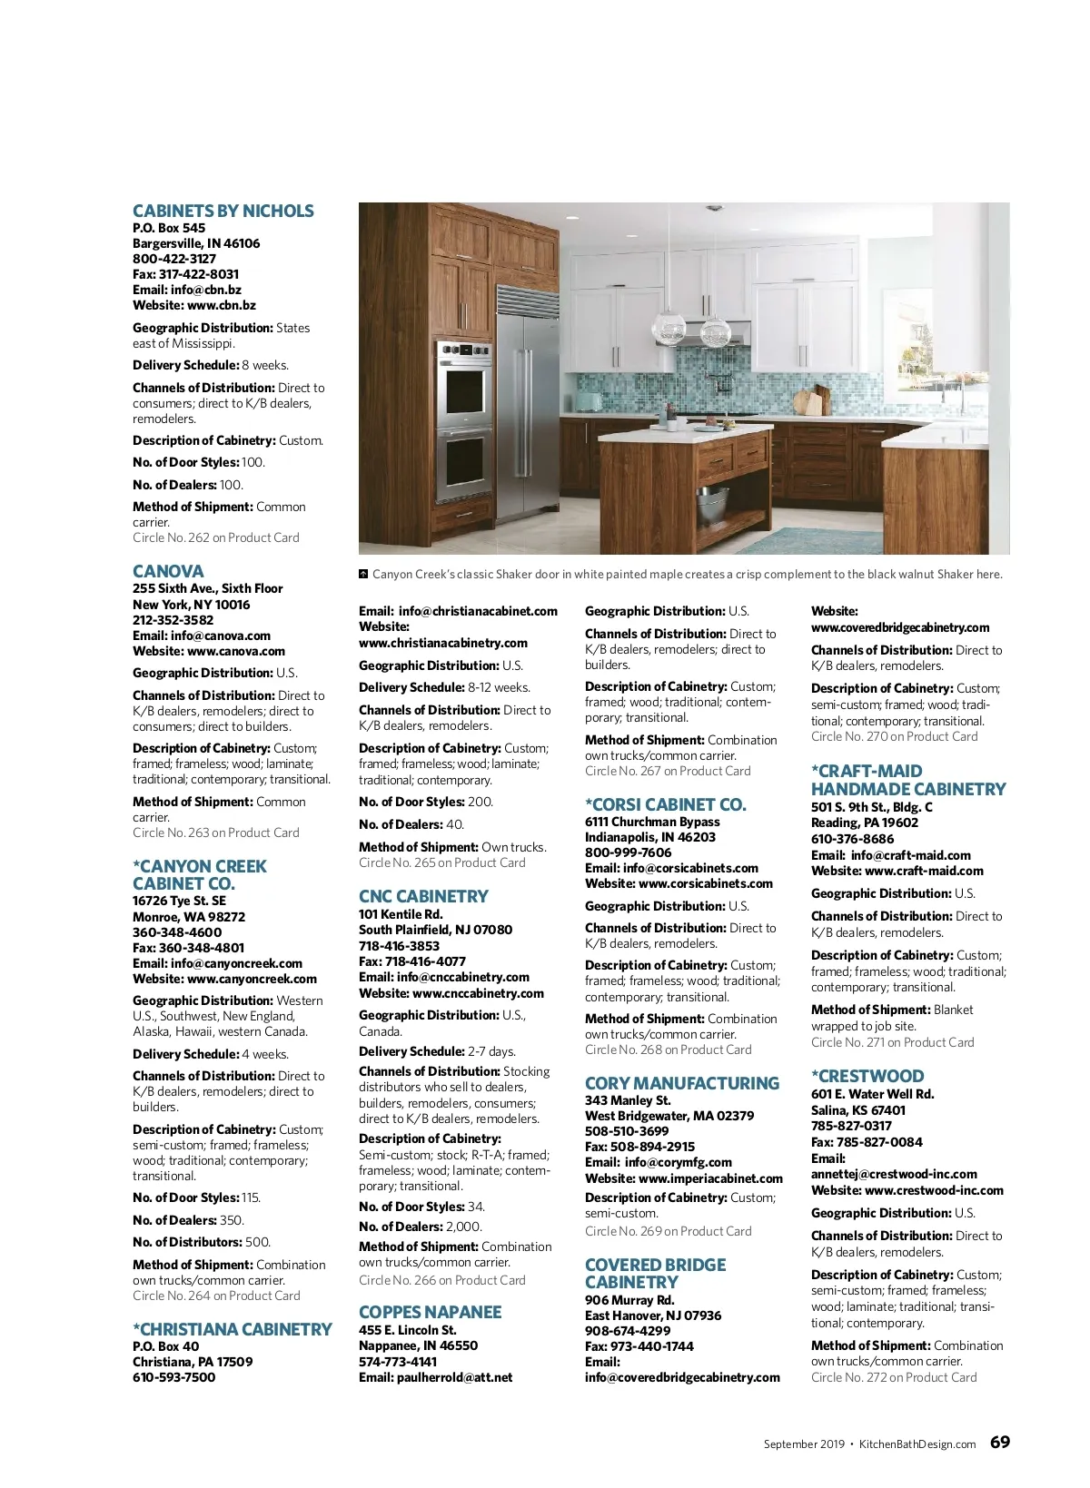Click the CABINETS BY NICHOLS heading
223,212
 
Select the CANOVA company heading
168,572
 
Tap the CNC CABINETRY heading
423,897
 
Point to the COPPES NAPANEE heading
430,1313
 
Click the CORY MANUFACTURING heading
681,1084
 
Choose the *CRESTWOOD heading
867,1077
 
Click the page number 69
999,1443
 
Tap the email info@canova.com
220,636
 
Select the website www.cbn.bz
221,305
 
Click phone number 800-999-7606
628,852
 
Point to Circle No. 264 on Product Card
216,1296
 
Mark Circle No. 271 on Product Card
892,1042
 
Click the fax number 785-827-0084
880,1142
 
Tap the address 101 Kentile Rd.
401,914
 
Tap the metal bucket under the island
713,500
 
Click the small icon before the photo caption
363,574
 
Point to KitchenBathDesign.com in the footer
917,1444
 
